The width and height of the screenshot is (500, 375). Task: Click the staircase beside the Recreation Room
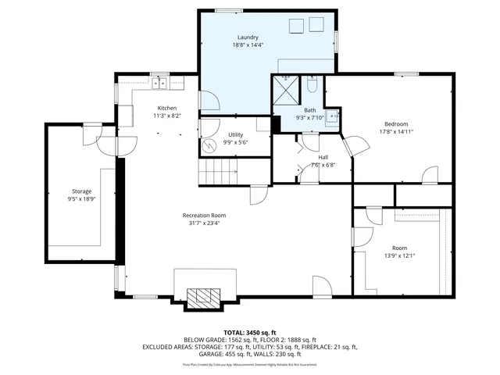point(218,170)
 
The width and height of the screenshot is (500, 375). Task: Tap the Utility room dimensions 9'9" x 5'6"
point(234,142)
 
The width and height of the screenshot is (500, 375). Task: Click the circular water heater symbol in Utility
point(209,145)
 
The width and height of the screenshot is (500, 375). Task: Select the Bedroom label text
point(396,123)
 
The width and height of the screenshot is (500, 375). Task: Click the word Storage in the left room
point(82,191)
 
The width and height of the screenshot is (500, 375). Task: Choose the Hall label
point(323,157)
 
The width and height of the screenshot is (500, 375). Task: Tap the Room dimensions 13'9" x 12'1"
point(399,255)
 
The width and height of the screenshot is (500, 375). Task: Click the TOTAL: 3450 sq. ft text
point(249,332)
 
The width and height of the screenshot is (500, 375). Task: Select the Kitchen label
point(166,108)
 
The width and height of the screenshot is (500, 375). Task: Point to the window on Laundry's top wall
point(227,10)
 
